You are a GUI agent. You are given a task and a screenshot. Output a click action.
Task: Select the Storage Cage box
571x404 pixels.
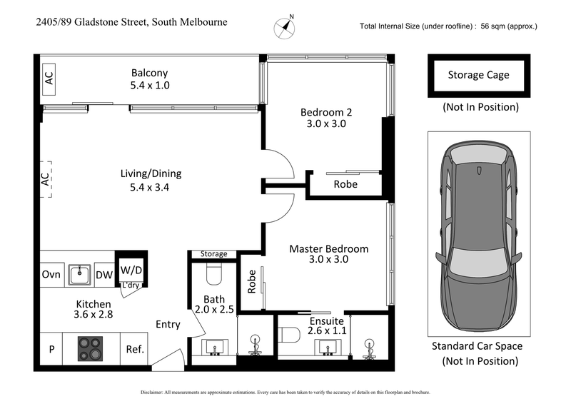click(x=478, y=75)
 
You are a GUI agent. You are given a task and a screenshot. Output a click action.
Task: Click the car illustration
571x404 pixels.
click(x=478, y=233)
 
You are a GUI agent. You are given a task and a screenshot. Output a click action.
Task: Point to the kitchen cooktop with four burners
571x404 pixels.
click(x=91, y=348)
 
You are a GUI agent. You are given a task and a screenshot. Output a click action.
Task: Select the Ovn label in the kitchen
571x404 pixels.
click(x=51, y=274)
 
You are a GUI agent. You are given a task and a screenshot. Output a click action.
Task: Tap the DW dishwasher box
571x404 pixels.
click(x=103, y=274)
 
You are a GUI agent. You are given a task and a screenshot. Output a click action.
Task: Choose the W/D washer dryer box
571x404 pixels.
click(x=130, y=270)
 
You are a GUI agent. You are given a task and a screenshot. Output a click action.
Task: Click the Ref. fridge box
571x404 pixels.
click(x=135, y=349)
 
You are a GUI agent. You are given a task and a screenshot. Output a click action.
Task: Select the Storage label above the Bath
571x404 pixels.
click(x=213, y=253)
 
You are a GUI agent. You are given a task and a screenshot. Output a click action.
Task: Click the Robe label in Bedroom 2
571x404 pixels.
click(x=345, y=185)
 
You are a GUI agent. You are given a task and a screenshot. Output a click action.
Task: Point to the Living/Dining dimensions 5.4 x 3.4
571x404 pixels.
click(x=151, y=188)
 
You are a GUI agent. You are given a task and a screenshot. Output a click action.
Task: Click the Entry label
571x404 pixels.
click(x=168, y=324)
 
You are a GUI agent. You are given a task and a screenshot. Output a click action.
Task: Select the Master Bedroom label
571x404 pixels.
click(x=328, y=249)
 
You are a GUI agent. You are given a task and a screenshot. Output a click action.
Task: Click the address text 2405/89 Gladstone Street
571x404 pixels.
click(x=131, y=22)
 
